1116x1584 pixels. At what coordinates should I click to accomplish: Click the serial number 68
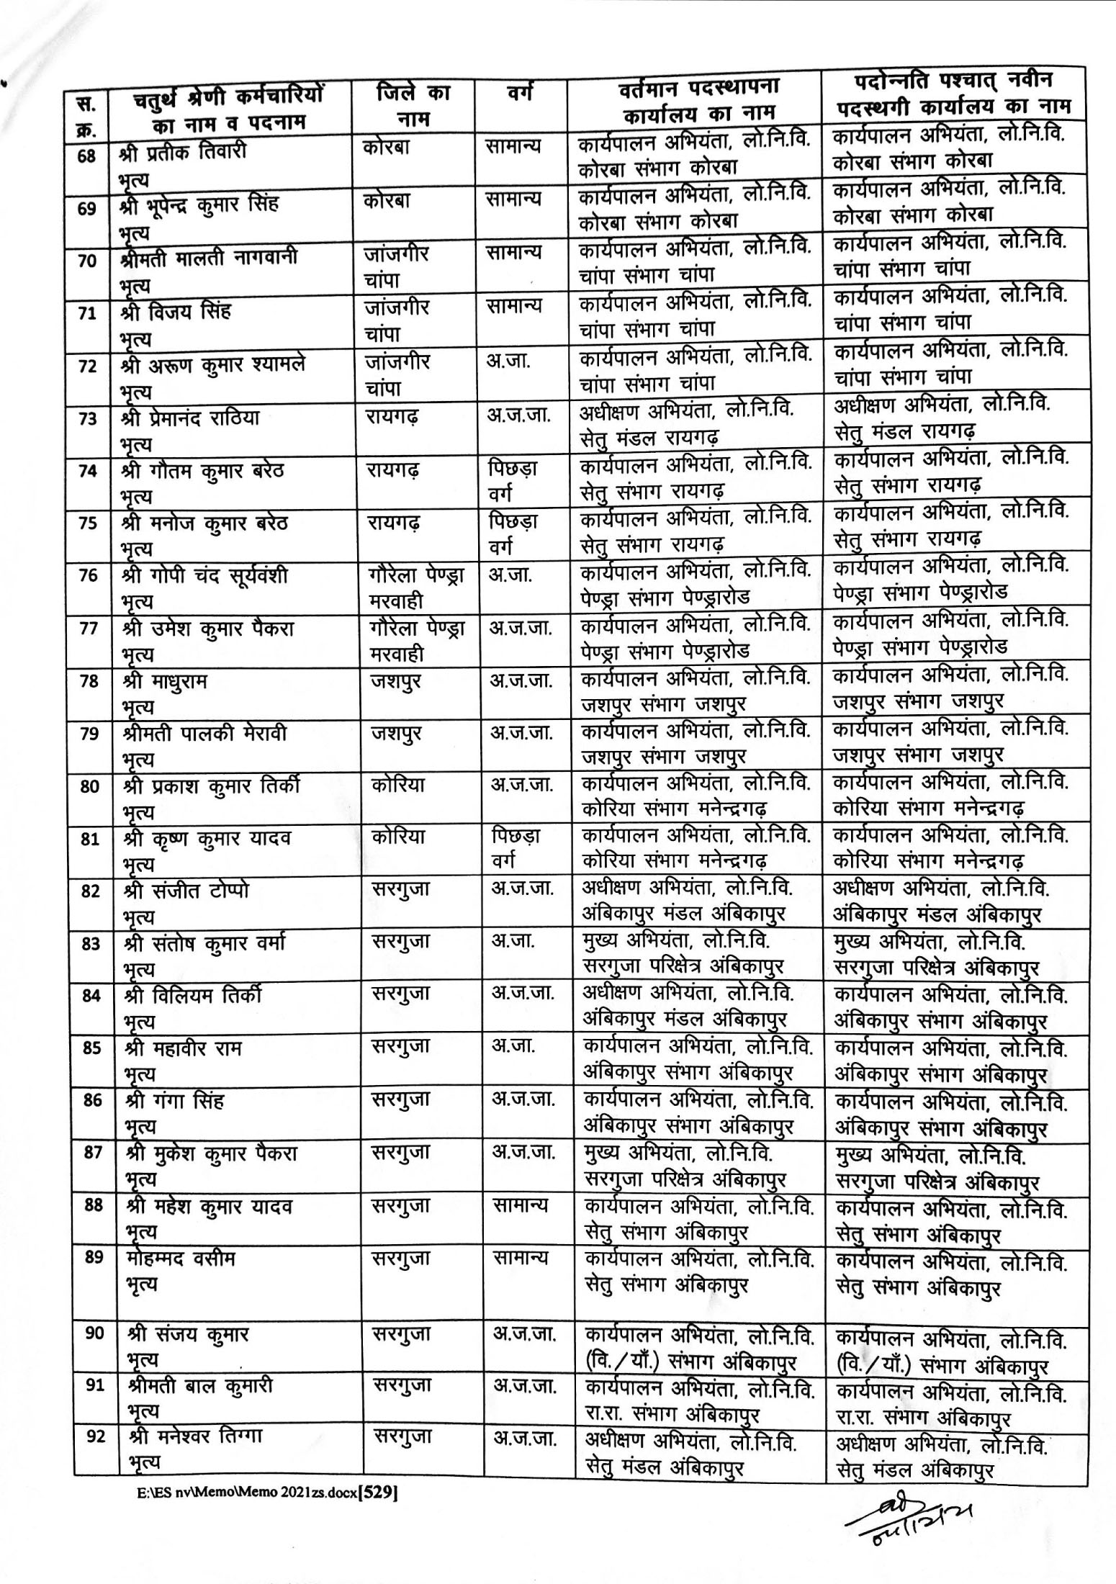click(86, 156)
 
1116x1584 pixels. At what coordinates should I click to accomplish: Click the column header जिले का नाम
click(413, 105)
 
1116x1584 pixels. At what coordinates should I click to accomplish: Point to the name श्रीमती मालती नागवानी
click(209, 258)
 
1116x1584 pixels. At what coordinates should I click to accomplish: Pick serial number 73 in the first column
click(88, 419)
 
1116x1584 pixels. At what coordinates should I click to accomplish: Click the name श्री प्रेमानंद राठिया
click(191, 418)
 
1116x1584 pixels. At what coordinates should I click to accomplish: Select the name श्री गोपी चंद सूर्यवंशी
click(205, 576)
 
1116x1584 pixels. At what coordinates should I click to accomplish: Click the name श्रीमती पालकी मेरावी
click(205, 734)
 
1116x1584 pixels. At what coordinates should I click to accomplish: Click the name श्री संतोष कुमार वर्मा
click(205, 943)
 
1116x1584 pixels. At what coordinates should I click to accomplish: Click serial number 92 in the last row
click(96, 1437)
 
